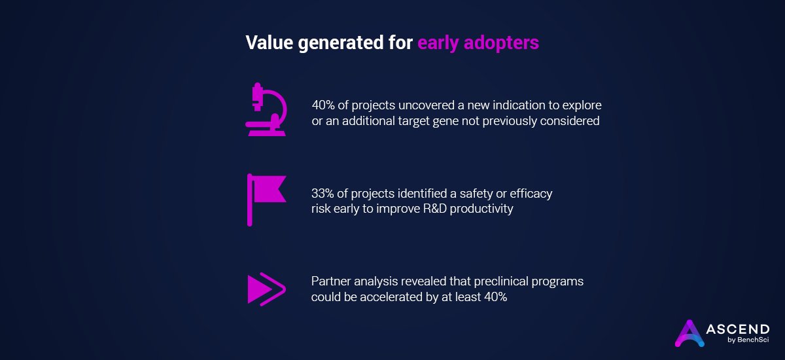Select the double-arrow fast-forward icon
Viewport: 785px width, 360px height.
tap(266, 289)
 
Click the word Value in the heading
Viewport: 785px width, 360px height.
tap(267, 43)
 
